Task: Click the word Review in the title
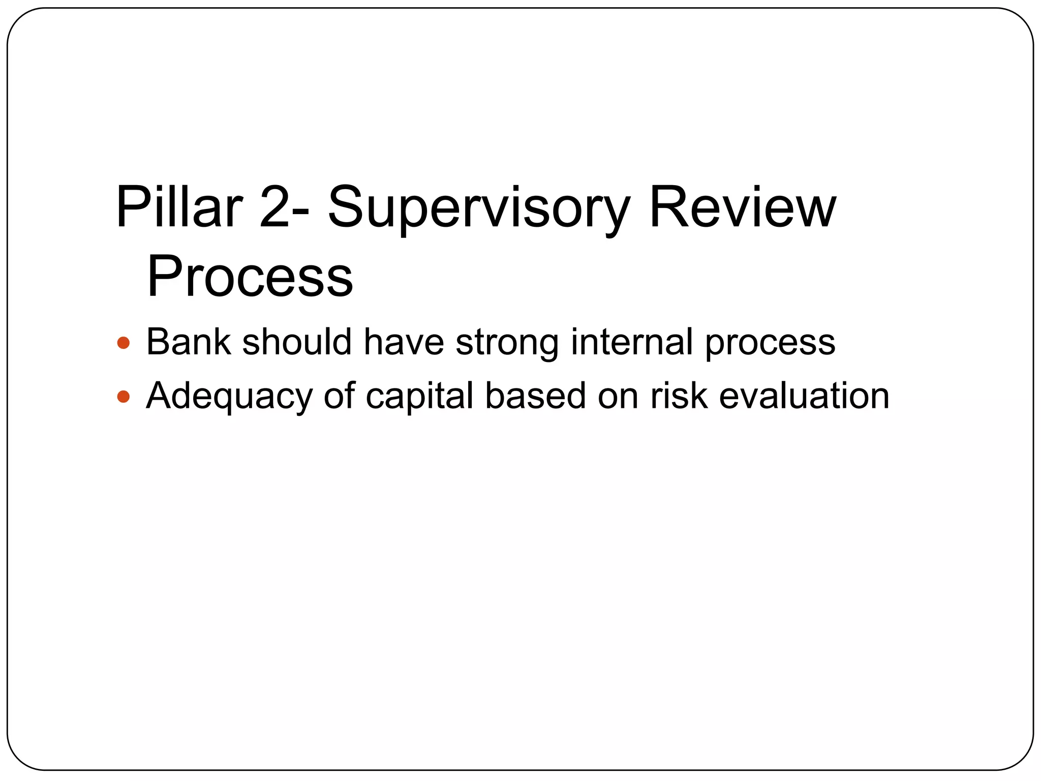tap(742, 207)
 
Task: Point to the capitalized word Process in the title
tap(250, 277)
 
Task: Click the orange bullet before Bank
tap(124, 343)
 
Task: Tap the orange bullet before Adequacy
tap(124, 396)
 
